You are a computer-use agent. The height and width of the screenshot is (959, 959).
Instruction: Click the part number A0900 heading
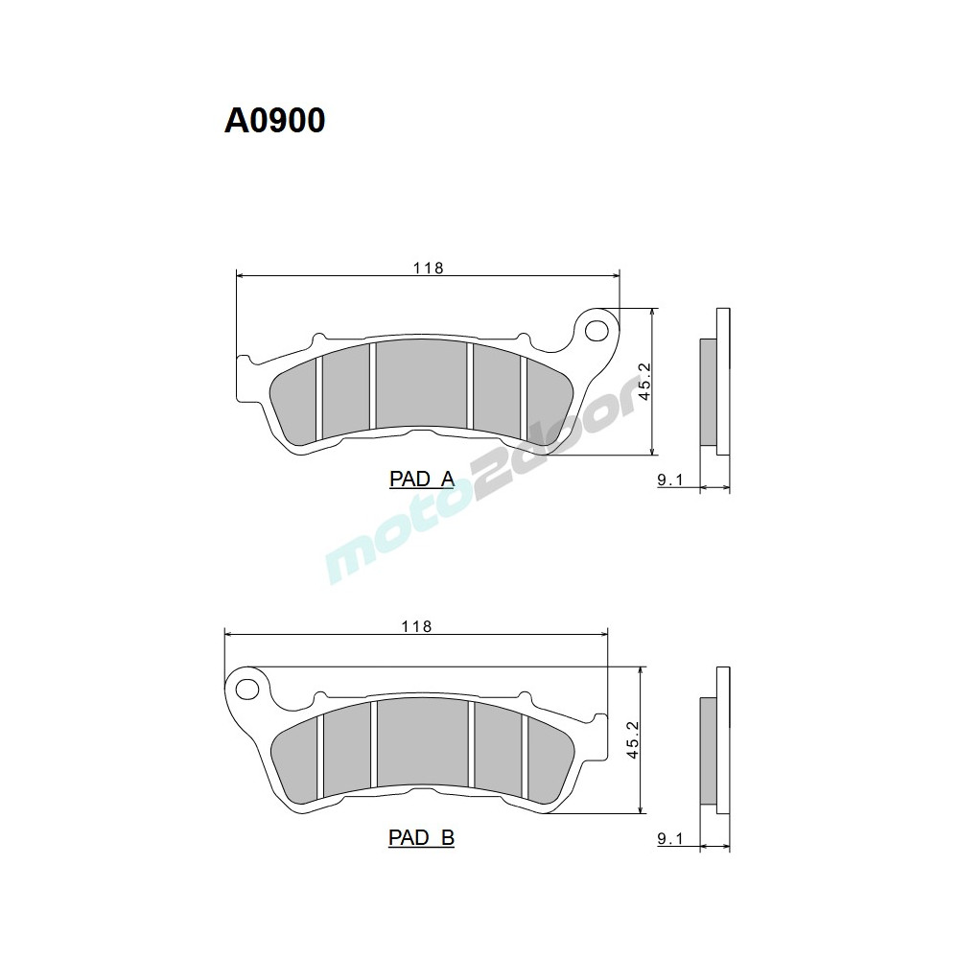pyautogui.click(x=274, y=120)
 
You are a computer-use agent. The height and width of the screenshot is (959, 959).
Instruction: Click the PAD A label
pyautogui.click(x=421, y=479)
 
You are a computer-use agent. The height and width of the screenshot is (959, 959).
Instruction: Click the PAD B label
pyautogui.click(x=421, y=838)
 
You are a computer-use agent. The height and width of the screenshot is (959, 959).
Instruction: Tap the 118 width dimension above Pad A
pyautogui.click(x=428, y=268)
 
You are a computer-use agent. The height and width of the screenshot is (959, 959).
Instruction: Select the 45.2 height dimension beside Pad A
pyautogui.click(x=644, y=381)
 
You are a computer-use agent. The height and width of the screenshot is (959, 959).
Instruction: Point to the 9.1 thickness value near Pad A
pyautogui.click(x=669, y=481)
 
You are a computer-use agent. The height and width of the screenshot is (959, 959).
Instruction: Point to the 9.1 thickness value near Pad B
pyautogui.click(x=669, y=840)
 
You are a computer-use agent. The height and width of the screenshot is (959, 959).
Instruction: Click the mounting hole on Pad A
pyautogui.click(x=597, y=331)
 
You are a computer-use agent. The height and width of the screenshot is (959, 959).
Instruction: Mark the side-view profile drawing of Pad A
pyautogui.click(x=715, y=393)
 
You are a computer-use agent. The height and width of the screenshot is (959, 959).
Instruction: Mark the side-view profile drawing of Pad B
pyautogui.click(x=715, y=752)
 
